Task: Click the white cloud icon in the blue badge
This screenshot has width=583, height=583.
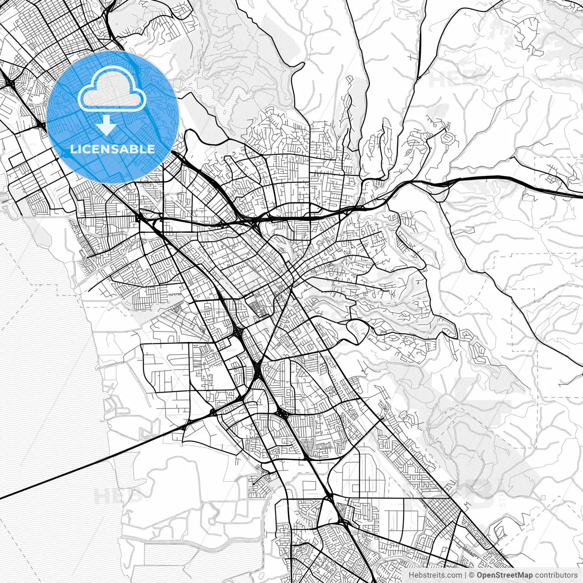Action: pos(112,89)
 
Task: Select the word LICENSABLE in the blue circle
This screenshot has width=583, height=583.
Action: pos(113,149)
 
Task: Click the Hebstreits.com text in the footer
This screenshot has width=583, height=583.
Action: pos(435,575)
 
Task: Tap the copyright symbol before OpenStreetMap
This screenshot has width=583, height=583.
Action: pos(472,575)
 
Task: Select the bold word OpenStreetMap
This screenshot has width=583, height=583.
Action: pos(505,575)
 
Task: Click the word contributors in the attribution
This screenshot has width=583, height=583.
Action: pos(556,575)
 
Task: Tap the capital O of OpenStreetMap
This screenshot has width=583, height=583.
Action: pos(480,575)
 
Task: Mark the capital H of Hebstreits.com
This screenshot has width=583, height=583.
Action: pos(412,575)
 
